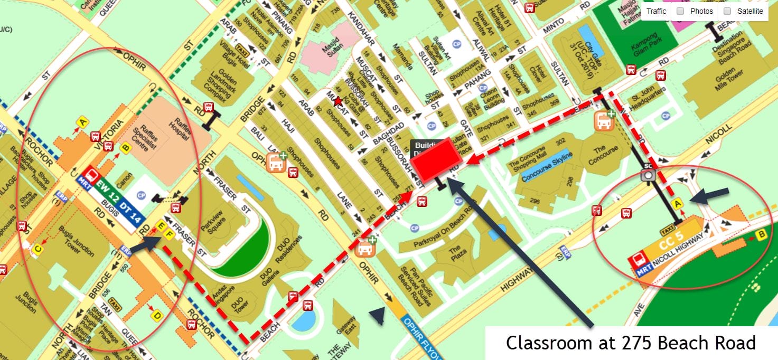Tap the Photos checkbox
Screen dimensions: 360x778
click(x=681, y=11)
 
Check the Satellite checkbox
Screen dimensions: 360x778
click(x=727, y=11)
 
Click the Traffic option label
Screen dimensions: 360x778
click(x=656, y=11)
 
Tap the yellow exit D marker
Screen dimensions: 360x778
click(x=156, y=316)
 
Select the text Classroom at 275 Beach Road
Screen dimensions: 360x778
click(x=631, y=343)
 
